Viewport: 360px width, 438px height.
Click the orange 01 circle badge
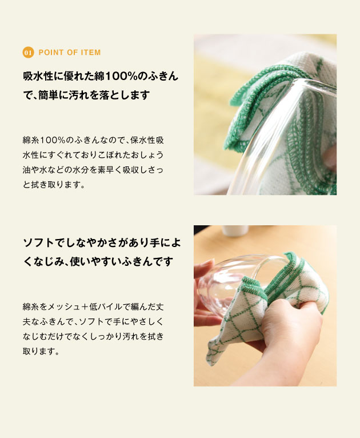pos(28,53)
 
